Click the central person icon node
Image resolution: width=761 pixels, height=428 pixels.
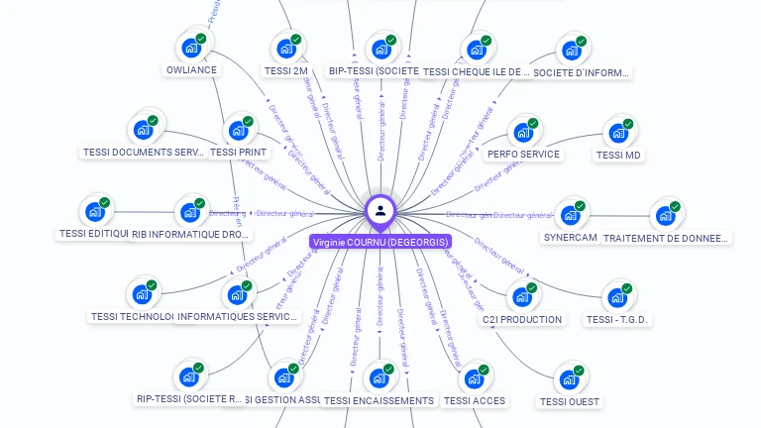pos(380,210)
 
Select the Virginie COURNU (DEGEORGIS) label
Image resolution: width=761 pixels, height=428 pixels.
pos(380,242)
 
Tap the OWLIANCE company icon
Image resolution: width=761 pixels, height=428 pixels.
pos(190,48)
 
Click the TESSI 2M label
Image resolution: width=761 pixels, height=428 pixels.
pos(286,71)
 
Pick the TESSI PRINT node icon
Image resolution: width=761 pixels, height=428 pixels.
pos(238,130)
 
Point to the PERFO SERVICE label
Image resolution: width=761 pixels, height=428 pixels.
pos(523,154)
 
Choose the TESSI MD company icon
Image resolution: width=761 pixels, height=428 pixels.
pos(618,132)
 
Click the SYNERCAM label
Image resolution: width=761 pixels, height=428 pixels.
pos(570,238)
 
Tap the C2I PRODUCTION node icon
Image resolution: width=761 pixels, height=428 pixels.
pos(522,295)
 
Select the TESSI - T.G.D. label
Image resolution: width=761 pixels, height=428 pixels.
pos(617,319)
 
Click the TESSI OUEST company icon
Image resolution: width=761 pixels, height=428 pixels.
pos(570,378)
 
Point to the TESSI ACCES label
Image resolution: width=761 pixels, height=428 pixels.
pos(475,400)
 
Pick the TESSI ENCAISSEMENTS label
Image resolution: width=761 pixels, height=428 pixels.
pos(379,400)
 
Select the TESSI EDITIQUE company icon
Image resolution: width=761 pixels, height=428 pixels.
pos(95,211)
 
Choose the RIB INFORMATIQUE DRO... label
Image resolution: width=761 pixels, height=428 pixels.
pos(191,235)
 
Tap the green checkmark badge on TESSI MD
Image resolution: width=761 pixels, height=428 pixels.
pos(628,124)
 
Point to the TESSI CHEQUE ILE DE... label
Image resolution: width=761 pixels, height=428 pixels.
pos(477,71)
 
